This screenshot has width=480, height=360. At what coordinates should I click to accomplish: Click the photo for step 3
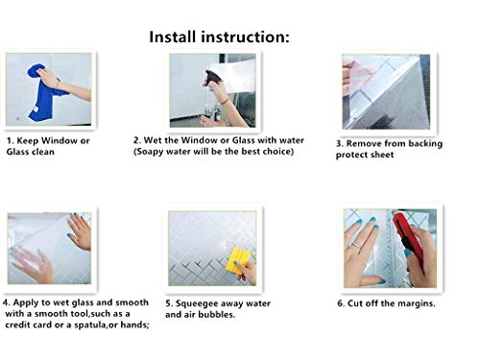click(x=387, y=91)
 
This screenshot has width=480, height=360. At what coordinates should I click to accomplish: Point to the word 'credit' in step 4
click(x=25, y=324)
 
